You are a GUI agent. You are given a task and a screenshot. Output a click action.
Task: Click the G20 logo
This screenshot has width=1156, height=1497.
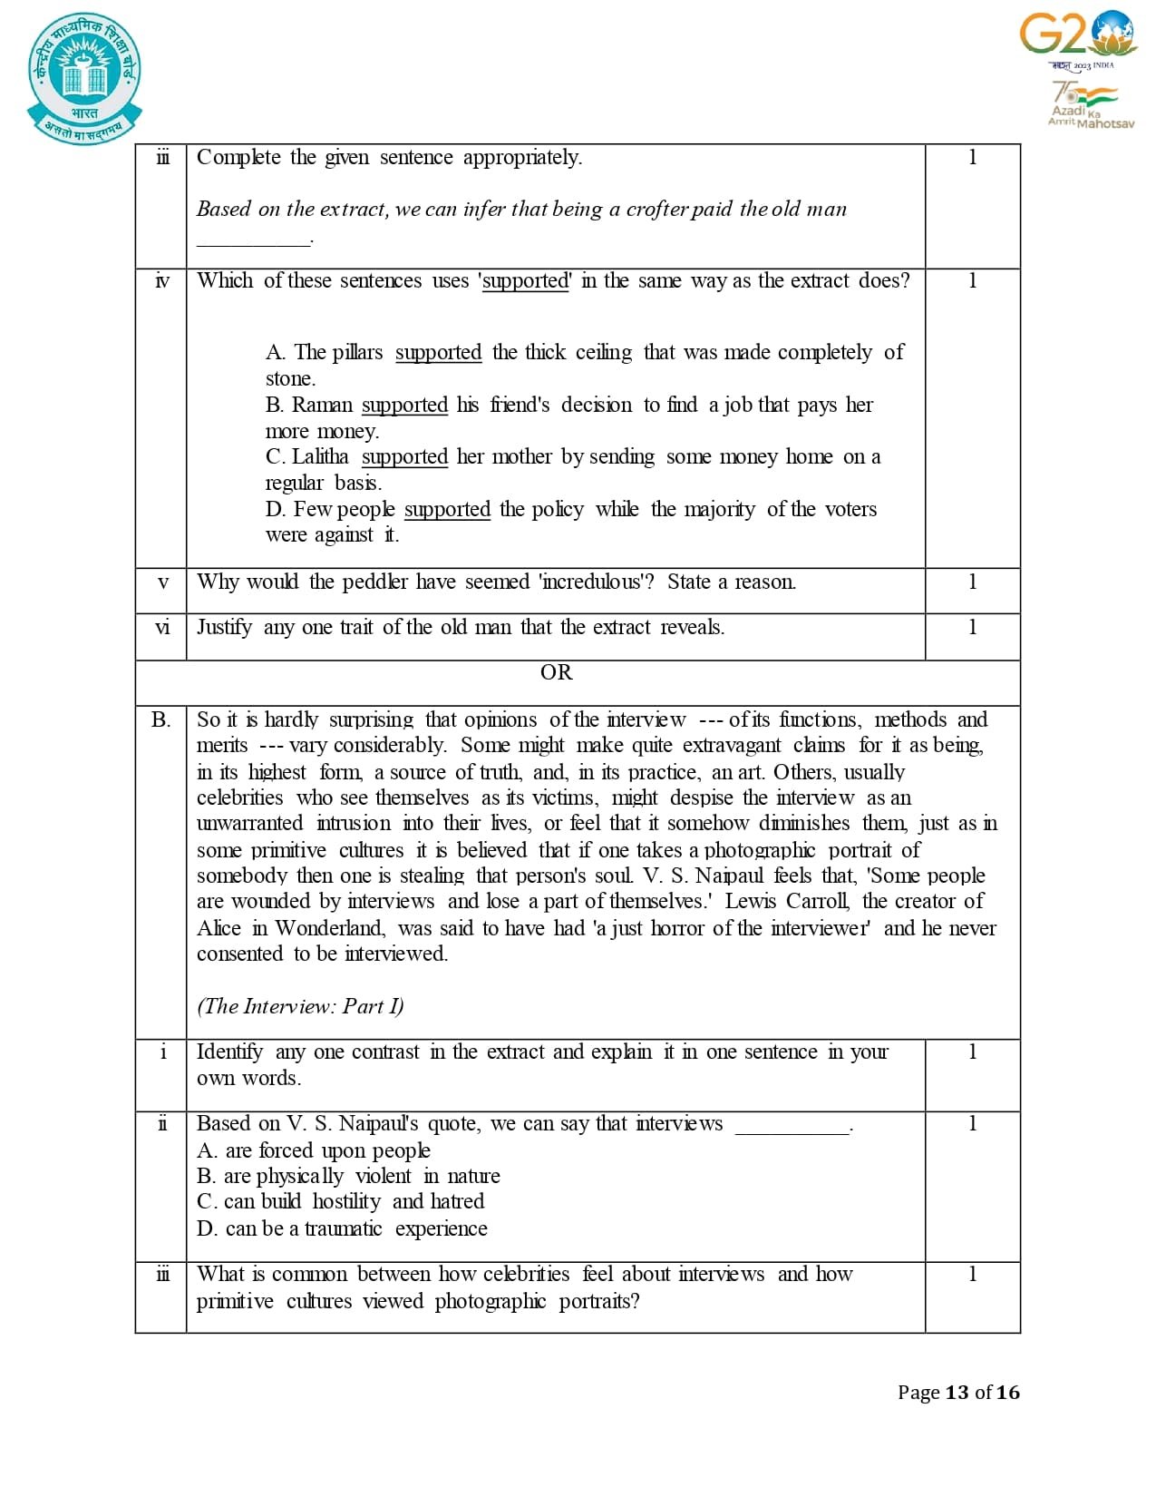[1078, 34]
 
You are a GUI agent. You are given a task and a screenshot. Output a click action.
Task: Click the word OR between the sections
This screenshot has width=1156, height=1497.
[556, 672]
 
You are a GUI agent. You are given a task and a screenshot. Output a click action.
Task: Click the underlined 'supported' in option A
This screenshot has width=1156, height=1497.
[438, 352]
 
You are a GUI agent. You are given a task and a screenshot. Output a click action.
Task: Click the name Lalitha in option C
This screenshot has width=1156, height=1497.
[320, 456]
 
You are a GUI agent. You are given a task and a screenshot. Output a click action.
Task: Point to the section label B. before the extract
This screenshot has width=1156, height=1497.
[160, 719]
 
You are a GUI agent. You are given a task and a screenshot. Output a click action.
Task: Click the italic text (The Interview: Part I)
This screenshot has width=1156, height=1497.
[300, 1006]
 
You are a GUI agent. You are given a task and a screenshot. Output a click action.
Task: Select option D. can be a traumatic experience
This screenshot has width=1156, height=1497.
[342, 1228]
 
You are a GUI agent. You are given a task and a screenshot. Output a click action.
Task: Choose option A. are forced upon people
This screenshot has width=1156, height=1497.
[314, 1150]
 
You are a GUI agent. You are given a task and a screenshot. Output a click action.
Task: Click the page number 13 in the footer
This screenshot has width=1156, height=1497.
[957, 1392]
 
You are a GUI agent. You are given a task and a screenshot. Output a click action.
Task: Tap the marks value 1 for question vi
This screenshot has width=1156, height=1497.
[972, 627]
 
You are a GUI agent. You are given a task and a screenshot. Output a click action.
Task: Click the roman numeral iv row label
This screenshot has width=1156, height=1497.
[162, 281]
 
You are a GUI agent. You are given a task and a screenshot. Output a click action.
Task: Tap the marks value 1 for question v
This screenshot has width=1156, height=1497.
[972, 582]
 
